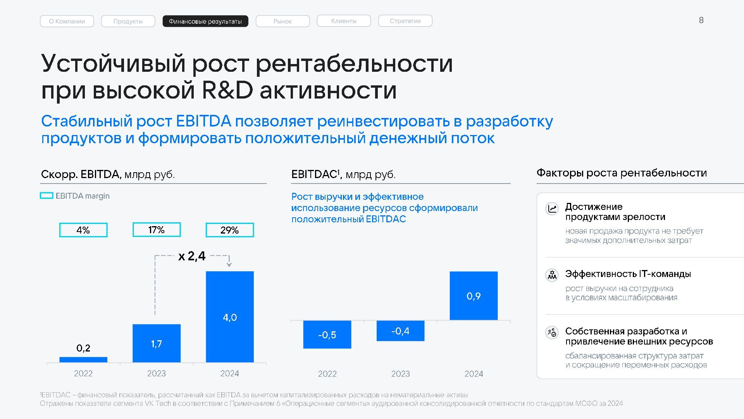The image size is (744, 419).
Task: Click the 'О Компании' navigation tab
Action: [67, 21]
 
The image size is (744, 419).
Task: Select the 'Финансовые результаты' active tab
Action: [205, 21]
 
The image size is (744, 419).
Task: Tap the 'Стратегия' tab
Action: [405, 21]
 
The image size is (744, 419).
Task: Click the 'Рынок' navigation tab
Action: [282, 21]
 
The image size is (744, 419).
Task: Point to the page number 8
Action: [701, 20]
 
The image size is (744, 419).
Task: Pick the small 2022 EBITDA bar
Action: [83, 360]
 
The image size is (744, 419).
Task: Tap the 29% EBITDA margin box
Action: [230, 230]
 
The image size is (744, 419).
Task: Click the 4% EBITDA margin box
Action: [83, 230]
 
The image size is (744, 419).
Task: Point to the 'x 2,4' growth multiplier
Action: [192, 256]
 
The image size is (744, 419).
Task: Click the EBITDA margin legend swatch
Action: [46, 196]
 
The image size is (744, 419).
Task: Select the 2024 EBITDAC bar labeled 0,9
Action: [474, 296]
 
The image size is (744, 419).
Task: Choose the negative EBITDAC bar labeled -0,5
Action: [327, 334]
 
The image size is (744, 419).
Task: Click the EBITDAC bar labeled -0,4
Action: [400, 331]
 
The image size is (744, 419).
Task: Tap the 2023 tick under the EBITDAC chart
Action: [400, 374]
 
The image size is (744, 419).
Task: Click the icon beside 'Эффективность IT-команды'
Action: [552, 275]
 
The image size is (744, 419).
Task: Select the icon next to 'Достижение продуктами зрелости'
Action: [552, 208]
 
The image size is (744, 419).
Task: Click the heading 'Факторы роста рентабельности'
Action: [622, 173]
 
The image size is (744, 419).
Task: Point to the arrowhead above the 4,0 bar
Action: [229, 265]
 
